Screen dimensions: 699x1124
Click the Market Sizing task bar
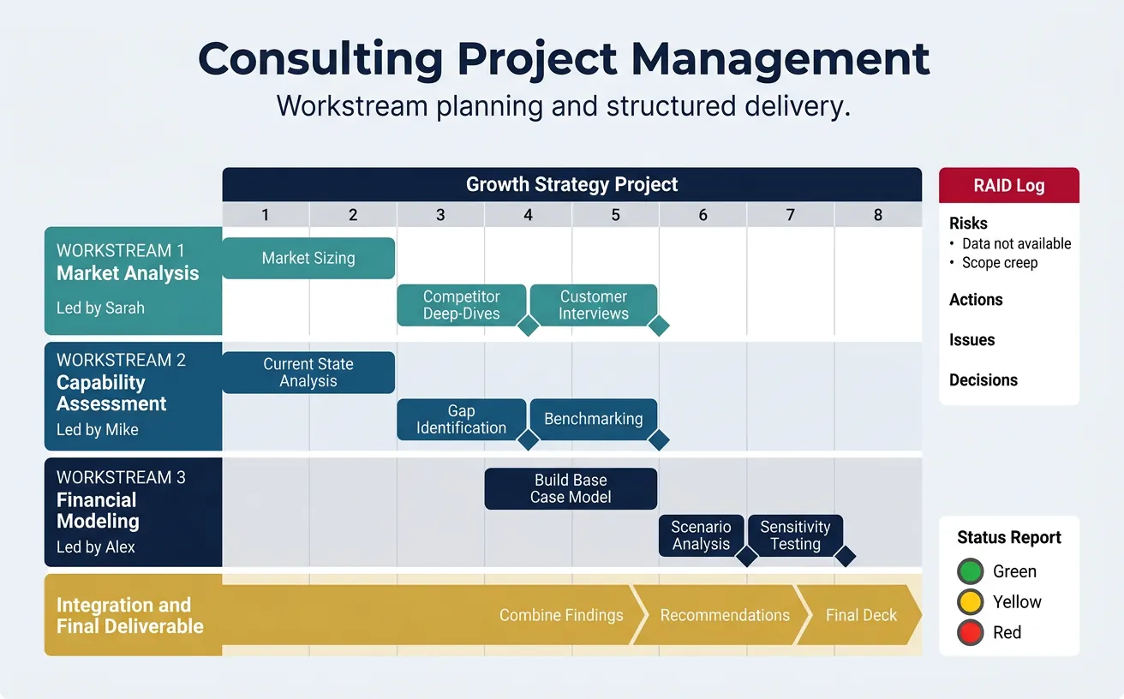(308, 258)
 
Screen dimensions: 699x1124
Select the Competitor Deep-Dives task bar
(461, 305)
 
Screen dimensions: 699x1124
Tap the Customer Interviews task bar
(593, 305)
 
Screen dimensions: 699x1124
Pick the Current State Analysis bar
(308, 373)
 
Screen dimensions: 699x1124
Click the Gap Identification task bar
(461, 420)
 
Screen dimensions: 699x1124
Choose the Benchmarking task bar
(593, 419)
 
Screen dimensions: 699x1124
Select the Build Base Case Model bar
(571, 488)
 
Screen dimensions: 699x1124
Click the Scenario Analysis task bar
(700, 535)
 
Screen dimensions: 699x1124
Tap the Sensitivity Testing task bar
(795, 535)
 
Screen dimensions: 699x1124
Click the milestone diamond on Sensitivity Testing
(845, 556)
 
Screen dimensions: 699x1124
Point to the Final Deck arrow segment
(860, 615)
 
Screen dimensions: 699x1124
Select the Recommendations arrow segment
(725, 615)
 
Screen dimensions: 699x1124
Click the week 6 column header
(702, 215)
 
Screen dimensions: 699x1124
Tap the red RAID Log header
(1008, 186)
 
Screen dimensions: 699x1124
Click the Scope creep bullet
(999, 263)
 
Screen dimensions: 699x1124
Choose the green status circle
(970, 571)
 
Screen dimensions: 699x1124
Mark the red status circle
(970, 633)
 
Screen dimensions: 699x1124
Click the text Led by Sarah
(100, 308)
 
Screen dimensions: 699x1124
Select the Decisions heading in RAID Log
(983, 380)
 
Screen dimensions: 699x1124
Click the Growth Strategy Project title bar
(571, 184)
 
